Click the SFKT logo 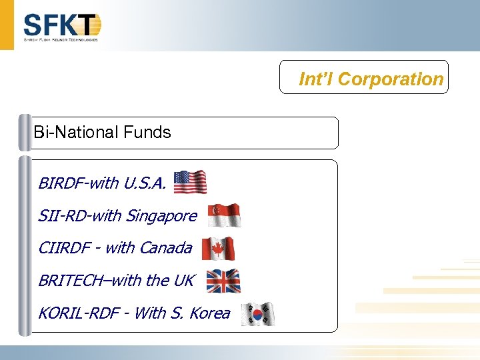pos(61,27)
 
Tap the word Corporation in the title pos(391,79)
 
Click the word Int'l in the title pos(316,79)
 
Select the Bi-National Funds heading pos(102,132)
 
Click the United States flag pos(190,182)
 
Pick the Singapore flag pos(224,215)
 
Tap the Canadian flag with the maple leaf pos(218,249)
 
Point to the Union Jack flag pos(223,281)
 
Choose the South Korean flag pos(257,313)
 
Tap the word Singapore pos(161,216)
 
